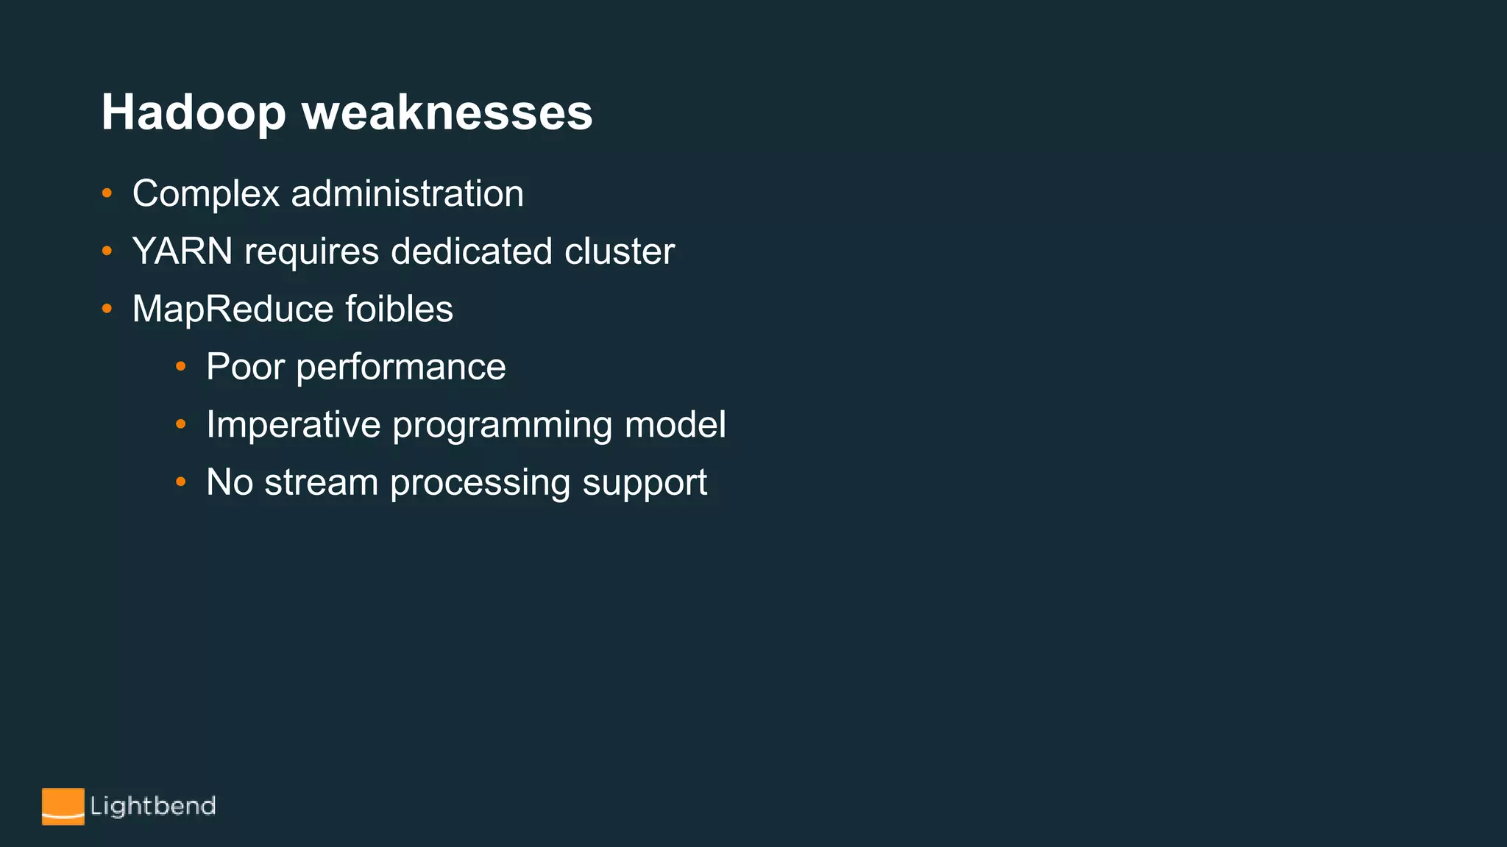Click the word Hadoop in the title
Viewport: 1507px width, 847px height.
point(193,113)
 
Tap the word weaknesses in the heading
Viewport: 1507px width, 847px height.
point(447,113)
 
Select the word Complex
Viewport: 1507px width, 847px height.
point(206,194)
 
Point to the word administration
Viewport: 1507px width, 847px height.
point(407,194)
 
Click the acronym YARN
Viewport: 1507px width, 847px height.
point(182,251)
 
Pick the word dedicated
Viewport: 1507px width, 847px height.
point(471,251)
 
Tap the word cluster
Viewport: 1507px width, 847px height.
point(619,251)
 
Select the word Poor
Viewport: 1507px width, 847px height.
point(245,367)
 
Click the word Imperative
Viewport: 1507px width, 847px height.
point(293,425)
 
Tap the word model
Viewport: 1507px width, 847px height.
point(675,425)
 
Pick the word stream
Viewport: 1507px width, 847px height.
point(321,483)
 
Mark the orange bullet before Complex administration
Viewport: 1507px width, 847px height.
point(107,193)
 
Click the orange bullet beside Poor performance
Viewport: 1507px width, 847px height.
point(181,366)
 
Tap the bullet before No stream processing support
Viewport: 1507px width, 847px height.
point(181,482)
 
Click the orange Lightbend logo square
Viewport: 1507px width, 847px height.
point(63,807)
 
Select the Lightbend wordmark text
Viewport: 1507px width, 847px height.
point(153,807)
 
